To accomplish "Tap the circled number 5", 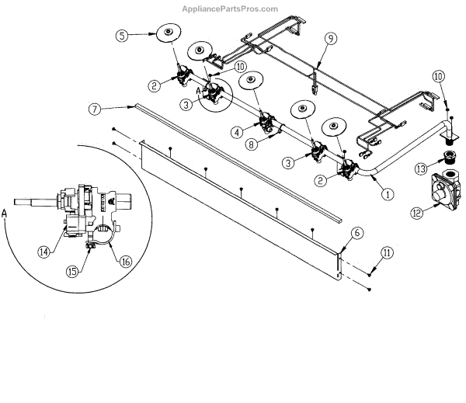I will click(123, 35).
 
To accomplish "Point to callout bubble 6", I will click(356, 232).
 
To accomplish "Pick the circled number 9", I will click(329, 37).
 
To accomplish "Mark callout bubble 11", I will click(386, 252).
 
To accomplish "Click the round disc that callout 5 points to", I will click(168, 33).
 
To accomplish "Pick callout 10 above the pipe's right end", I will click(439, 76).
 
